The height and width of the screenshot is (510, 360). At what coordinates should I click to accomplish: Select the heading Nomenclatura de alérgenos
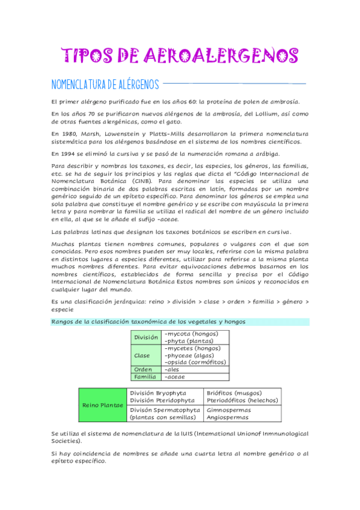point(105,83)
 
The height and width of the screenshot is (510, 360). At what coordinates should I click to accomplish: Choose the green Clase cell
point(142,355)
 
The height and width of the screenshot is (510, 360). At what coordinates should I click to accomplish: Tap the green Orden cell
point(143,369)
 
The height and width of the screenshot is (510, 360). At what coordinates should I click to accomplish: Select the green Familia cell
point(145,377)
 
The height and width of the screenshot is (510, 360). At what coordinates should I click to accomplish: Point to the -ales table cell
point(172,369)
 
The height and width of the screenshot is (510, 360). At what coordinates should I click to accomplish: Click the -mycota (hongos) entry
point(191,333)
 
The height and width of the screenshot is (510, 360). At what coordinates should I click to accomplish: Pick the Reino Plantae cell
point(103,405)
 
